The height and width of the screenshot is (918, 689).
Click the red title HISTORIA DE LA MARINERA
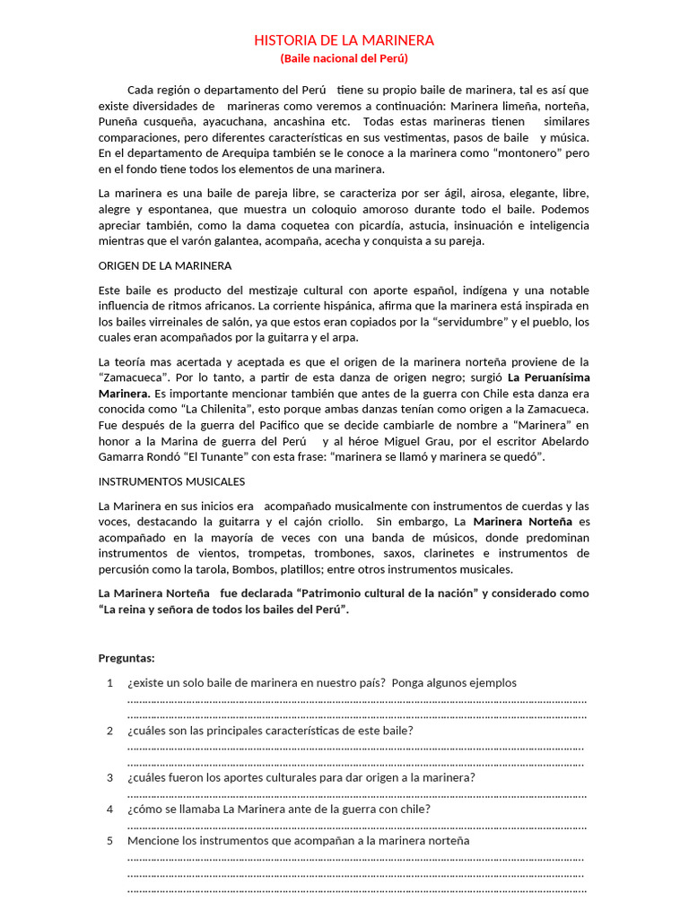click(x=344, y=40)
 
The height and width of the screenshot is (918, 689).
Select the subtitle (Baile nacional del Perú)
click(x=344, y=58)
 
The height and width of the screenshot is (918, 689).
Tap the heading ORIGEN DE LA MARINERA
click(x=165, y=265)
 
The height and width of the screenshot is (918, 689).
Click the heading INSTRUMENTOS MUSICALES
click(x=171, y=481)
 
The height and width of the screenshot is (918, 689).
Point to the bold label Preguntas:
click(x=126, y=657)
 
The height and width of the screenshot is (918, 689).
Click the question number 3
click(x=109, y=777)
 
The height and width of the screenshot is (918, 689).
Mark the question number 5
click(x=109, y=841)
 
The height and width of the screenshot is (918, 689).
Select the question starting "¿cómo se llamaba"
click(x=279, y=809)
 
